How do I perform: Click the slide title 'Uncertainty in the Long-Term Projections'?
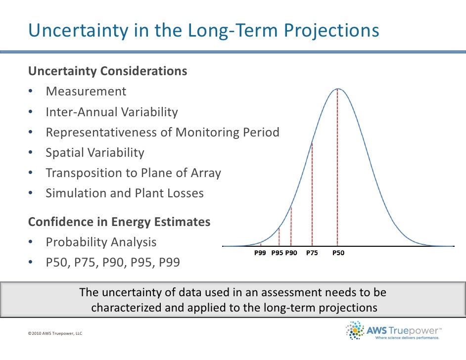(204, 31)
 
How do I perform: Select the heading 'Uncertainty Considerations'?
(107, 71)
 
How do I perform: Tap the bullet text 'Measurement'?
(86, 91)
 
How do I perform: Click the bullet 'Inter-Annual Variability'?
(111, 112)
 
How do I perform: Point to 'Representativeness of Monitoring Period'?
(162, 133)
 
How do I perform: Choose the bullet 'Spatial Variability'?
(94, 153)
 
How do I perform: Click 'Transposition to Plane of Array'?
(133, 173)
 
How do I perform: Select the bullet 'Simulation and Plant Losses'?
(124, 193)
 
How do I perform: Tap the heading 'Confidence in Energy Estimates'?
(119, 222)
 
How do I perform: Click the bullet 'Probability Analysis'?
(101, 242)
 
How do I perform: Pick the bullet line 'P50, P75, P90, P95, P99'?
(113, 263)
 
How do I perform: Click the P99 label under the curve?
(260, 253)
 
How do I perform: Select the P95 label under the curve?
(278, 253)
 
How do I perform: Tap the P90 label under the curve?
(291, 253)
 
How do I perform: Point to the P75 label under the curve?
(312, 253)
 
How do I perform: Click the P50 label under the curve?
(338, 253)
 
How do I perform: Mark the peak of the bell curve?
(338, 89)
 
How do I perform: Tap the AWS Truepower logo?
(394, 330)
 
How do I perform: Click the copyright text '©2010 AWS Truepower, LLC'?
(55, 334)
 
